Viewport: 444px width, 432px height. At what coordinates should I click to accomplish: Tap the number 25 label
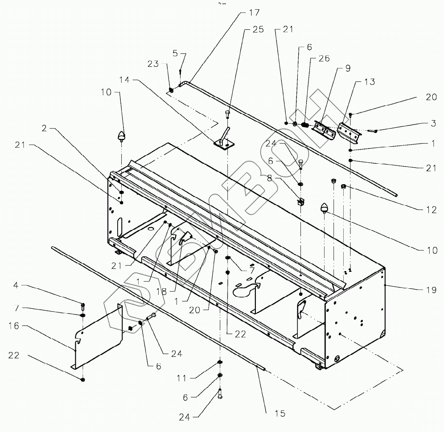click(258, 30)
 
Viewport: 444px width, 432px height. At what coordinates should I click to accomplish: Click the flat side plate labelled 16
click(98, 334)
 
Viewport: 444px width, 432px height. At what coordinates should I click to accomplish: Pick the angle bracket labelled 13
click(347, 132)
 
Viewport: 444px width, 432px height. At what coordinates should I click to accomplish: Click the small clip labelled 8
click(300, 201)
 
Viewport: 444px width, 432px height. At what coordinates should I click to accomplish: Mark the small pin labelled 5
click(180, 71)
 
